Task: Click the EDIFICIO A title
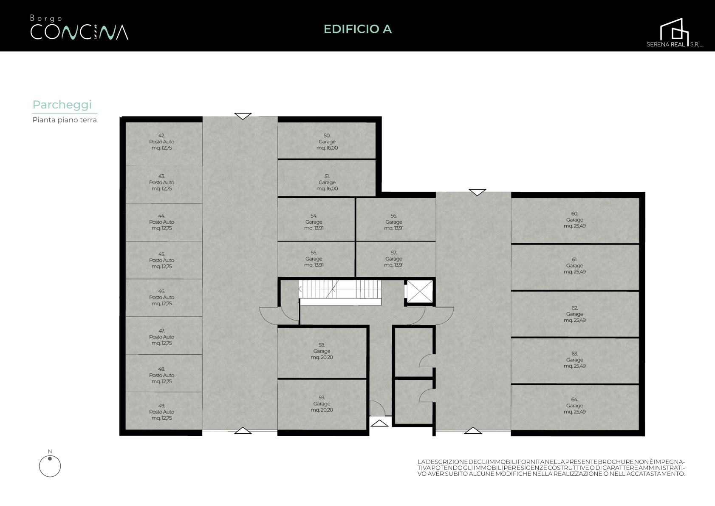(358, 29)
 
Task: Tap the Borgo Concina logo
(79, 28)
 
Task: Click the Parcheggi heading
(62, 105)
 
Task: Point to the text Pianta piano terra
(65, 120)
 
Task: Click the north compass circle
(50, 466)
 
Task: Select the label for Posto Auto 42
(162, 142)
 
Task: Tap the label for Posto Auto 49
(162, 412)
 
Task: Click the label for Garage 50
(327, 142)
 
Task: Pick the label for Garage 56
(394, 222)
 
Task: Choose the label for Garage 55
(314, 259)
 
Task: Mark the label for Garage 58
(322, 351)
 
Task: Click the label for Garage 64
(574, 406)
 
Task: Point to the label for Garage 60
(574, 220)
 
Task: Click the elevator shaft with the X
(420, 292)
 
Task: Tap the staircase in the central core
(340, 289)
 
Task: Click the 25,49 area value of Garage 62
(578, 320)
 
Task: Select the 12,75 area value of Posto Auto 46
(166, 304)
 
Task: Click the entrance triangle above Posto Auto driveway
(243, 116)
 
